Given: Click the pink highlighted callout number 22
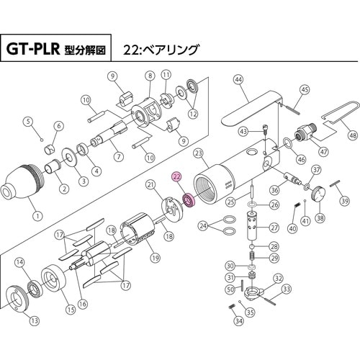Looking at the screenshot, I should pyautogui.click(x=176, y=176).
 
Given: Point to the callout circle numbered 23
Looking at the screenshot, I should pyautogui.click(x=199, y=152).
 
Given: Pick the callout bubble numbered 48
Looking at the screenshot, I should pyautogui.click(x=352, y=135).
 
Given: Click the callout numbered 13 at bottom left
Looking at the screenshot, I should pyautogui.click(x=34, y=321).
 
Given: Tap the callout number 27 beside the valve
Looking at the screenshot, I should pyautogui.click(x=274, y=228).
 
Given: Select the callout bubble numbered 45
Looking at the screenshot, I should pyautogui.click(x=305, y=89).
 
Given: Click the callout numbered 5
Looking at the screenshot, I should pyautogui.click(x=30, y=121).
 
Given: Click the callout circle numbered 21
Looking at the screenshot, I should pyautogui.click(x=151, y=185).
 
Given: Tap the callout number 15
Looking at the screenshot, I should pyautogui.click(x=71, y=310).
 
